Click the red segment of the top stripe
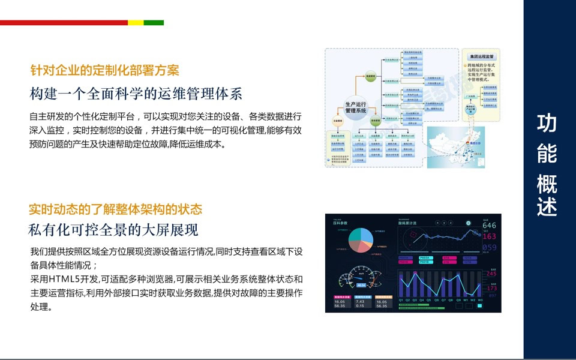64,23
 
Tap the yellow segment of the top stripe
136,23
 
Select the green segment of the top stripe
154,23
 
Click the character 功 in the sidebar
547,122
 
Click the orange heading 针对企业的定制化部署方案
105,70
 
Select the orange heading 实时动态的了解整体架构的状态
115,209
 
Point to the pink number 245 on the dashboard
491,274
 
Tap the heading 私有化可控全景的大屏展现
113,230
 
